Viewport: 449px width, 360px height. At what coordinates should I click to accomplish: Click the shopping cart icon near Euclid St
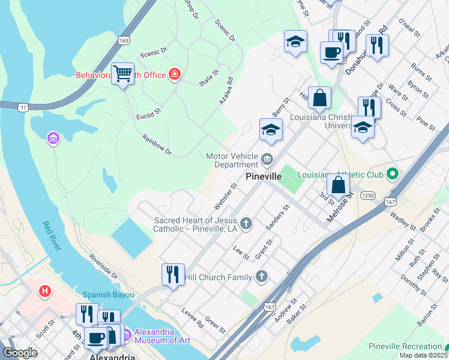123,74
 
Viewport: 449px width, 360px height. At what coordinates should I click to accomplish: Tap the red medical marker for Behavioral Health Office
175,74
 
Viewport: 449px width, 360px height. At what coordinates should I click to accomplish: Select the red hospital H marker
44,292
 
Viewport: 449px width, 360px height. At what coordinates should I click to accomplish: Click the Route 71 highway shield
23,107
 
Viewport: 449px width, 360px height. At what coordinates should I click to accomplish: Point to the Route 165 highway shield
124,40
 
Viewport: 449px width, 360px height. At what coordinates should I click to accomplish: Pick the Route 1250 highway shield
368,195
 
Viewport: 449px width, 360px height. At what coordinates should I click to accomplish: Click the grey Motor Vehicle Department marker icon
267,160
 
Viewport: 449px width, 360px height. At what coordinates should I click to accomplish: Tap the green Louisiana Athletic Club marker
393,175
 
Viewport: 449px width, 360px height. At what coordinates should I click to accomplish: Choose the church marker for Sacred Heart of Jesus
246,224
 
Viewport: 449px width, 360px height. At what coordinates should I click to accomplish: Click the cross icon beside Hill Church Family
261,277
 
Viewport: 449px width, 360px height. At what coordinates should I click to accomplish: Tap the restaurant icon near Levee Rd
173,275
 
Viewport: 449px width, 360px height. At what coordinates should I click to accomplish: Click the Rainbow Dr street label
157,145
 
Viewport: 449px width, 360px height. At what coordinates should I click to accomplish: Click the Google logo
20,353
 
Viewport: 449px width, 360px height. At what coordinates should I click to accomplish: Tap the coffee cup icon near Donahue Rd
331,52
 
